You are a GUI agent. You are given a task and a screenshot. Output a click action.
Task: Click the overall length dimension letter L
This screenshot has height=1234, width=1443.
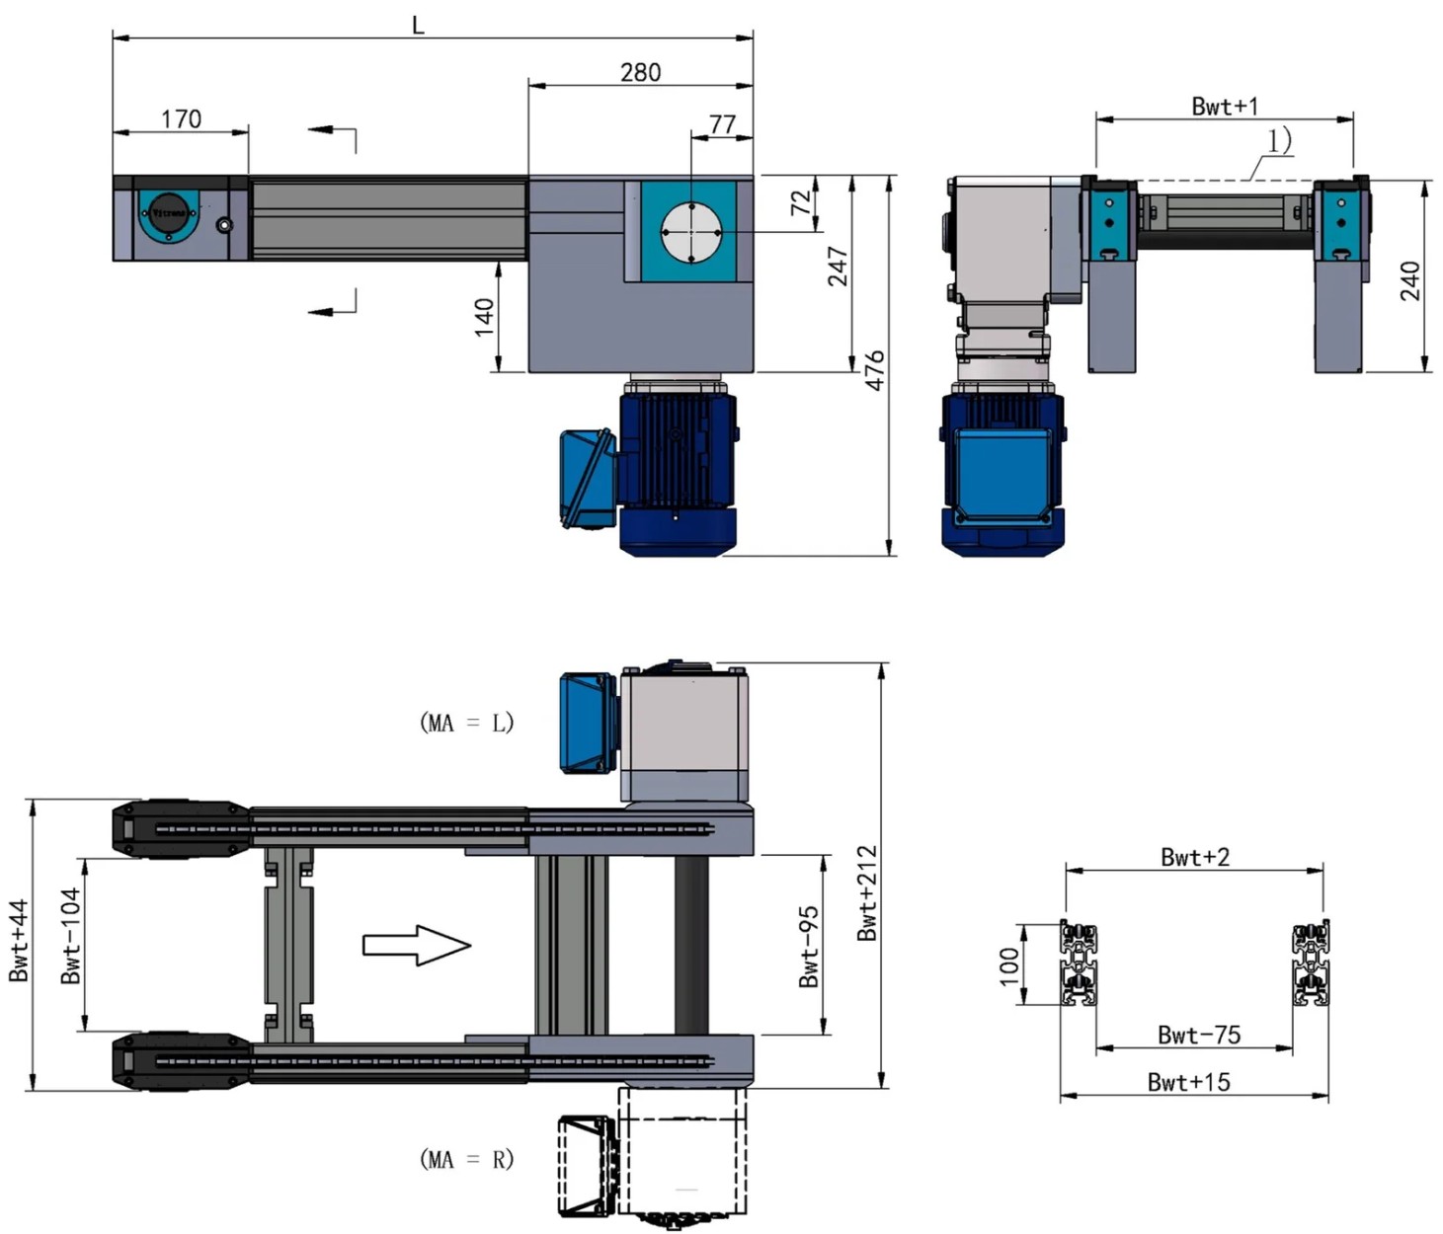[x=418, y=26]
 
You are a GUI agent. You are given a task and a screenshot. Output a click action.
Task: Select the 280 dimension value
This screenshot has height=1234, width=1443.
[x=640, y=72]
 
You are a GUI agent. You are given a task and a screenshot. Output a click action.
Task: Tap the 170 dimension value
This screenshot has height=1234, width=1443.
[x=182, y=118]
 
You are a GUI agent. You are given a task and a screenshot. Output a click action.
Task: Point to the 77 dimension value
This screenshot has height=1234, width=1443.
[x=723, y=124]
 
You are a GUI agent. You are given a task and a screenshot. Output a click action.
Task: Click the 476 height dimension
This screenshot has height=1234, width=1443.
[x=875, y=370]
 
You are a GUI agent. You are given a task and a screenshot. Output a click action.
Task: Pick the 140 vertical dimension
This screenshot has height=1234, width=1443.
[x=484, y=317]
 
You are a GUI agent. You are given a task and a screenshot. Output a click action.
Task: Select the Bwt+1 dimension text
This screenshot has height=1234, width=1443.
[x=1225, y=106]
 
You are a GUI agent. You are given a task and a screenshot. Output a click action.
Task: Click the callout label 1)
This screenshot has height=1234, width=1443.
[x=1279, y=141]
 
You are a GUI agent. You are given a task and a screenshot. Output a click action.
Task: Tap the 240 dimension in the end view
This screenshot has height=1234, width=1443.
[x=1410, y=280]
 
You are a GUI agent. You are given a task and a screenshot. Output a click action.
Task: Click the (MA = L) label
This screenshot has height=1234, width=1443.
[x=467, y=723]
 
